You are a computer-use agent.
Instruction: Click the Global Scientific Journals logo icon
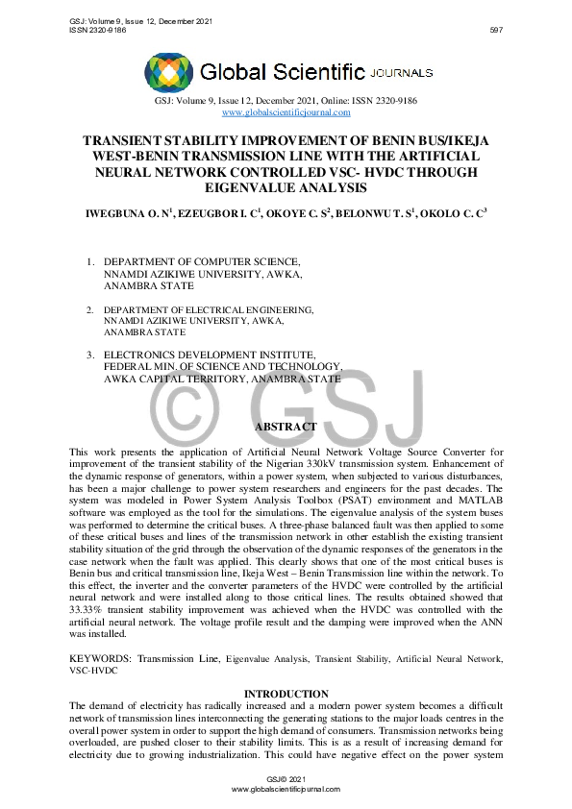(x=168, y=72)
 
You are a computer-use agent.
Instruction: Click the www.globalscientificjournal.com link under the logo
(x=286, y=112)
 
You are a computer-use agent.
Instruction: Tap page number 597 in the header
(x=496, y=31)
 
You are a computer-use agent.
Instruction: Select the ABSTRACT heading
(x=285, y=427)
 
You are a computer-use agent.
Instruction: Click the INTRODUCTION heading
(x=286, y=694)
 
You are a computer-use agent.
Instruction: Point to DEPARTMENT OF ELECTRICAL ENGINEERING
(x=209, y=309)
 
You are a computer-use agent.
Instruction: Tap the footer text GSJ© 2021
(x=286, y=777)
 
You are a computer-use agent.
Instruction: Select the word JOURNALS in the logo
(x=403, y=72)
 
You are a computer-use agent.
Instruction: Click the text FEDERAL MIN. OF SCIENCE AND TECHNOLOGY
(x=222, y=366)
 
